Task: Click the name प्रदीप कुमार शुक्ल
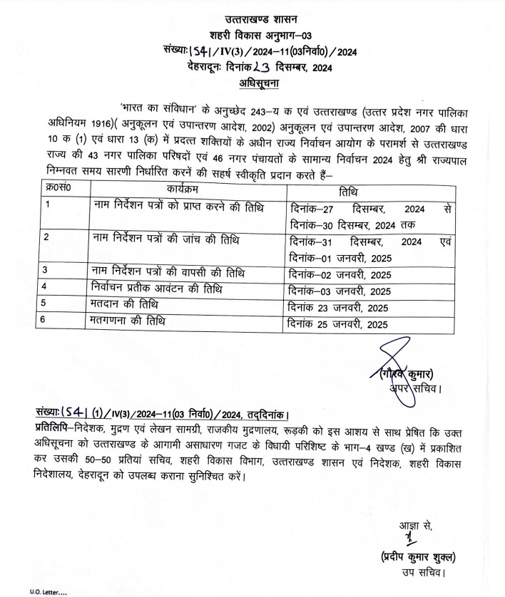(414, 556)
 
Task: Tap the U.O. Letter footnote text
(49, 592)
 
